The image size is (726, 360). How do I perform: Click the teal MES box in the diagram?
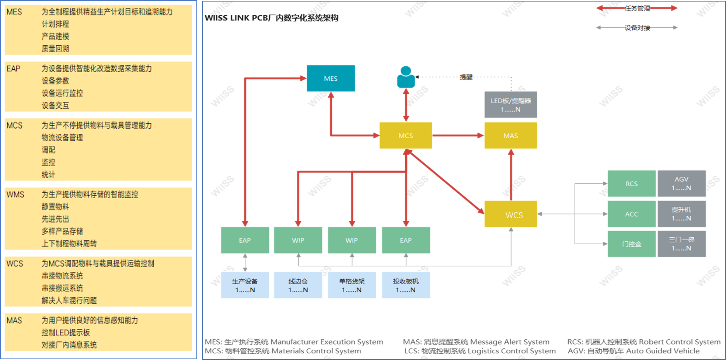coord(331,78)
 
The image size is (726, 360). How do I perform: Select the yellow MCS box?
coord(405,135)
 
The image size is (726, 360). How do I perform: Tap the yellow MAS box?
coord(510,135)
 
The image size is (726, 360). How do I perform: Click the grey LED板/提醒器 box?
coord(510,105)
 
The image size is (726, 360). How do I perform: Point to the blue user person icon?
coord(406,77)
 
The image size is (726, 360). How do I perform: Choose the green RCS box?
coord(631,184)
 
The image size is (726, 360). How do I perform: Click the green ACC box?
coord(631,214)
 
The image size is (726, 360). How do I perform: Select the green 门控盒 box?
coord(631,244)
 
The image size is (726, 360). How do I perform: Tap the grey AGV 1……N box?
coord(681,184)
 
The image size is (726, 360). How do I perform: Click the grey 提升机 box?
coord(681,214)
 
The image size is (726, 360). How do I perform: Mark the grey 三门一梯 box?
coord(681,244)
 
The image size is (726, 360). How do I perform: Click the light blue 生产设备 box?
coord(245,285)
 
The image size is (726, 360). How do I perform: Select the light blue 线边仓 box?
coord(298,285)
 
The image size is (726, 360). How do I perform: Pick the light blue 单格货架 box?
coord(352,285)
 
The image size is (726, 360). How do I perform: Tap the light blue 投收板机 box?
coord(405,285)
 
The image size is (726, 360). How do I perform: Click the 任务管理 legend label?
coord(637,8)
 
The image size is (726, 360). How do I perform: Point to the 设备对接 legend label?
coord(637,28)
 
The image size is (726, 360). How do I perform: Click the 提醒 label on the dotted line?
coord(466,77)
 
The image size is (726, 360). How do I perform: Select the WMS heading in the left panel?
coord(15,194)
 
